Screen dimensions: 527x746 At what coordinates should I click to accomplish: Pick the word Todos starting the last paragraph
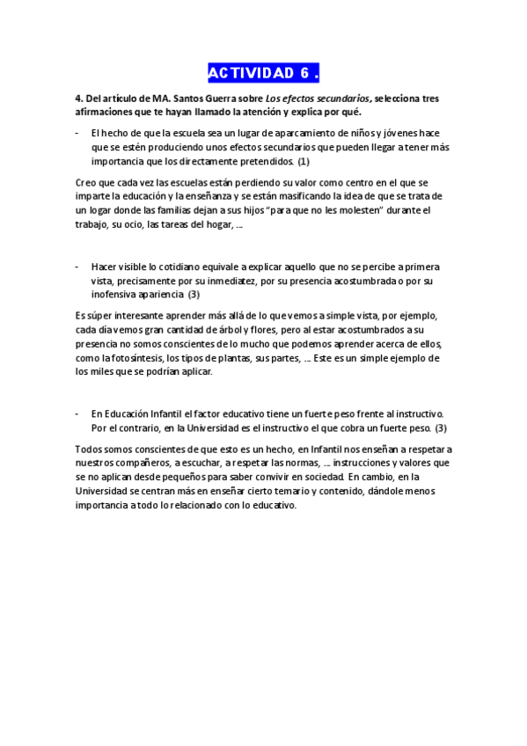tap(90, 449)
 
